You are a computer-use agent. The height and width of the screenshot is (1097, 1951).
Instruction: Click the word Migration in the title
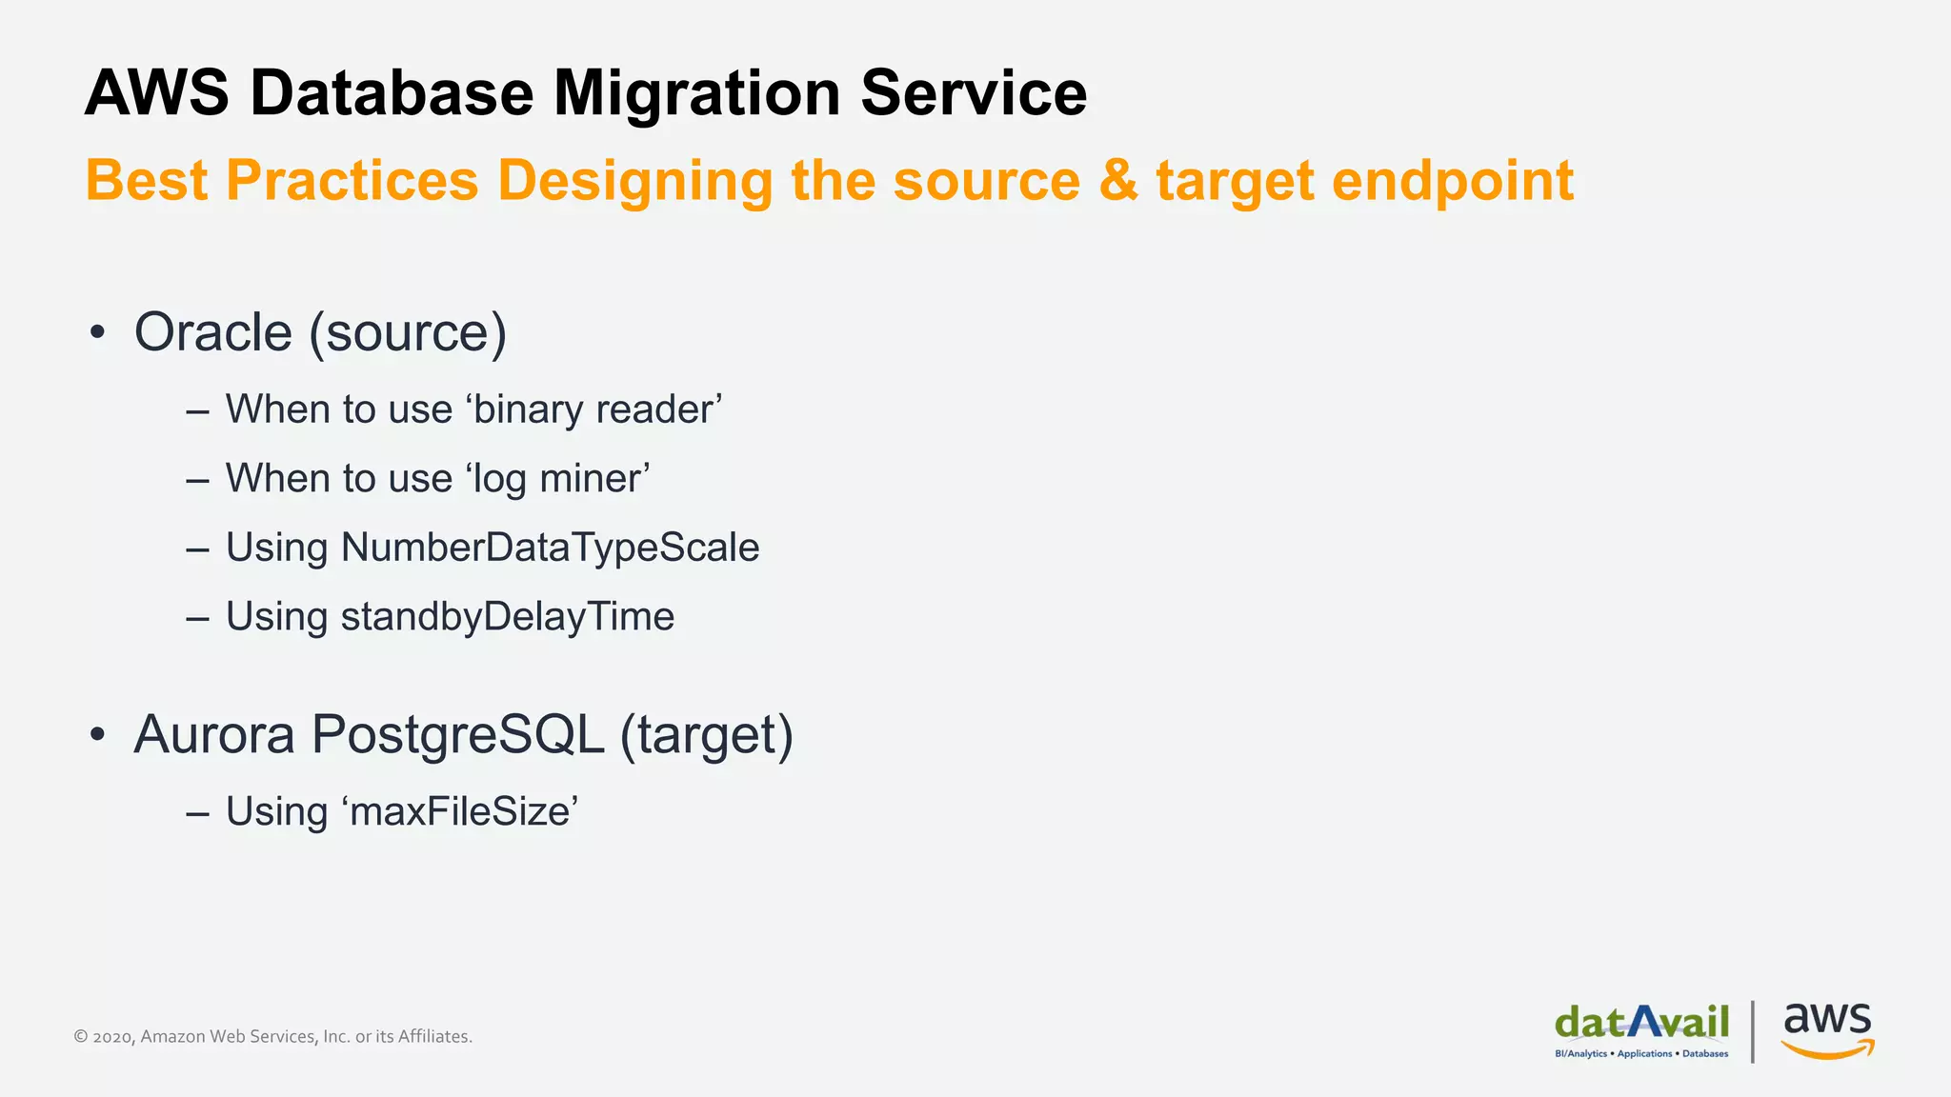[x=696, y=93]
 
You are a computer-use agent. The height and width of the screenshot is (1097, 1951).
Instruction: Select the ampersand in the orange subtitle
[x=1117, y=181]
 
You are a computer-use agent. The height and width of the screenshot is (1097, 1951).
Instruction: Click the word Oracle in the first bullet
[x=212, y=332]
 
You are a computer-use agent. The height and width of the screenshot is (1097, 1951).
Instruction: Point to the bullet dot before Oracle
[x=96, y=333]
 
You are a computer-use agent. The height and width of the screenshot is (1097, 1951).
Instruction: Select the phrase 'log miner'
[x=557, y=478]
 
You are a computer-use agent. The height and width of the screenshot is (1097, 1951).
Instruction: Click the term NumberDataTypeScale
[x=550, y=548]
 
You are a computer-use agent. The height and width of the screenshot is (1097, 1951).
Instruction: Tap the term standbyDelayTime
[x=507, y=617]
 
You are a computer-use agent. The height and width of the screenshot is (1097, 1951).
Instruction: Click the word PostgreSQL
[x=457, y=735]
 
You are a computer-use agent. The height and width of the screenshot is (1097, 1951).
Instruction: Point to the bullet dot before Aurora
[x=96, y=735]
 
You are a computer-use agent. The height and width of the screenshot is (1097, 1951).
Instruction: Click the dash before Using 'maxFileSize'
[x=197, y=813]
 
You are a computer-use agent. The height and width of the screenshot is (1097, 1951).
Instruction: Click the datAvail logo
[x=1641, y=1028]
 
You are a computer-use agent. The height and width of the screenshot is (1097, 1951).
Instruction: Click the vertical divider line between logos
[x=1753, y=1030]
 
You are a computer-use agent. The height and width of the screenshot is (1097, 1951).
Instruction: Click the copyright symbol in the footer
[x=81, y=1037]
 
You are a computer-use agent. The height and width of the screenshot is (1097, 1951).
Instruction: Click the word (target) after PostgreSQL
[x=706, y=735]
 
